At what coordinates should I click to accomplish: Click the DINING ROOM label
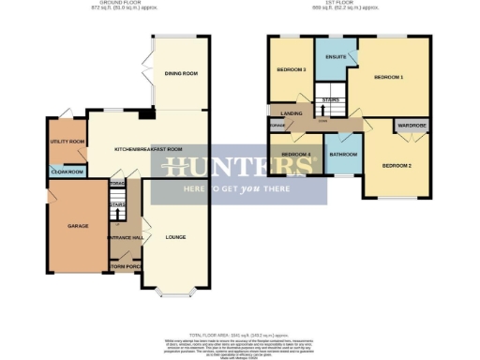coord(182,73)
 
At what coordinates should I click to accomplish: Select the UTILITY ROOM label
coord(67,142)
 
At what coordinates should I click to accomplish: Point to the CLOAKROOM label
coord(67,172)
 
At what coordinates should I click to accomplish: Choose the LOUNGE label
coord(176,237)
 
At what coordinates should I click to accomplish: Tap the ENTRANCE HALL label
coord(125,237)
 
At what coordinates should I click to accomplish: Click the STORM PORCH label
coord(125,266)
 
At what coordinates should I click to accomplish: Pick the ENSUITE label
coord(336,57)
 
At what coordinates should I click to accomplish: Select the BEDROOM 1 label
coord(388,76)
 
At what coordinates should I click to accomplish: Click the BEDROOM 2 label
coord(397,165)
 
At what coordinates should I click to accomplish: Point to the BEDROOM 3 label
coord(292,69)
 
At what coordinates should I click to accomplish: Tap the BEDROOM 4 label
coord(295,154)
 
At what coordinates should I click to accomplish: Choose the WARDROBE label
coord(412,124)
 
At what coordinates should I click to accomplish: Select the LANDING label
coord(303,112)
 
